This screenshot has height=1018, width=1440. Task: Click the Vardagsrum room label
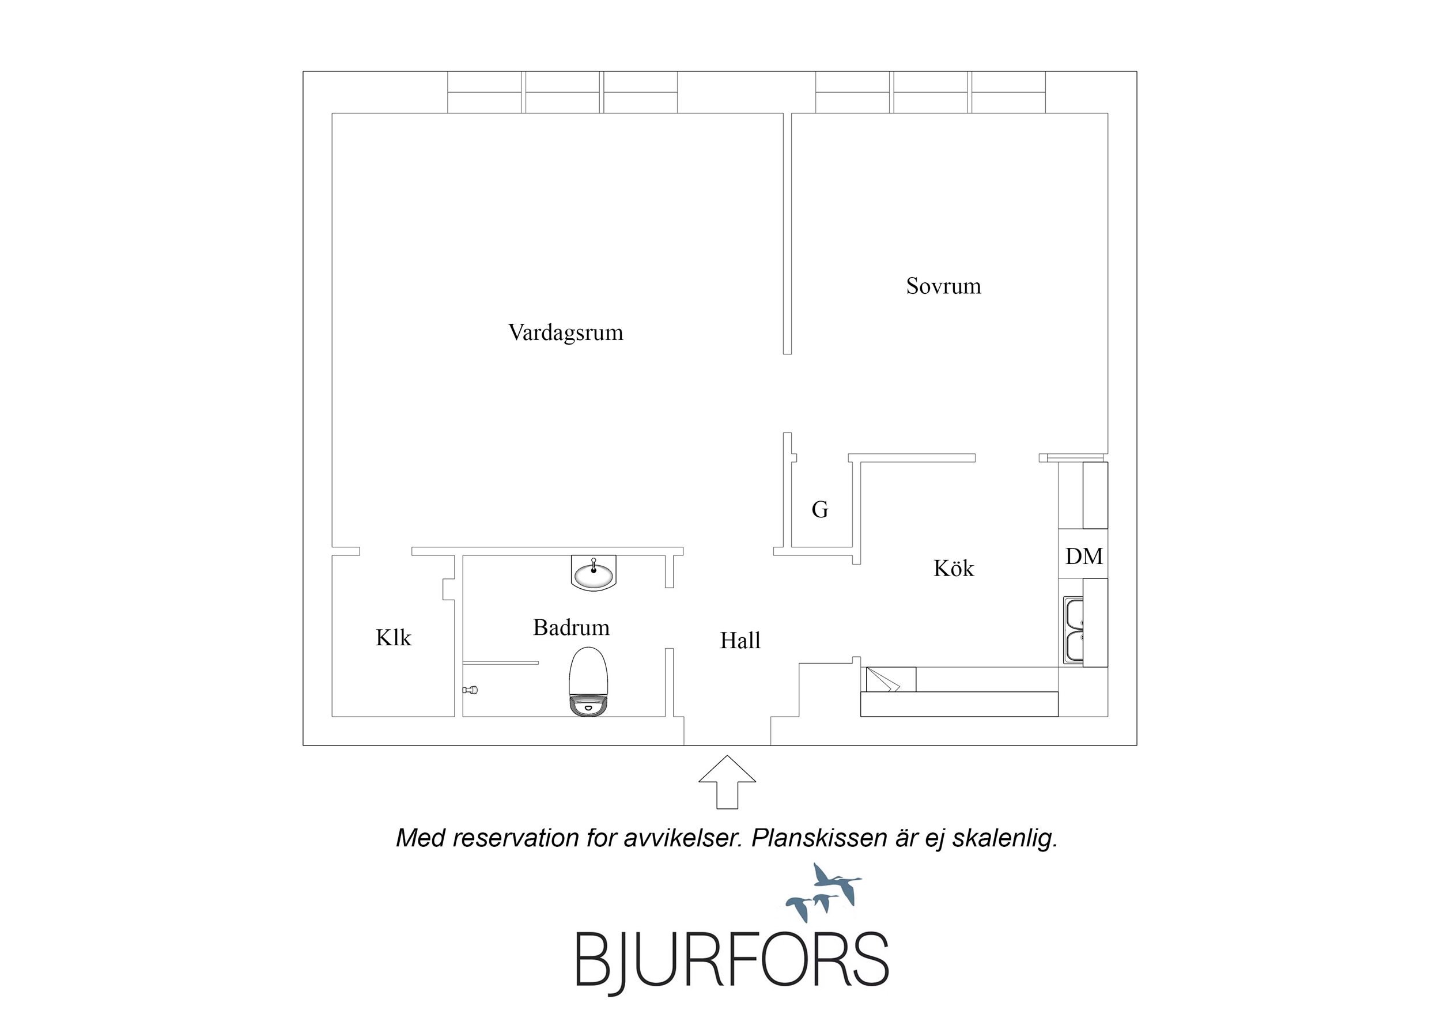pyautogui.click(x=565, y=332)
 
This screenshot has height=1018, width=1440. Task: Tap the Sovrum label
pyautogui.click(x=943, y=286)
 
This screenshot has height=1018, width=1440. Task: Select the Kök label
pyautogui.click(x=953, y=567)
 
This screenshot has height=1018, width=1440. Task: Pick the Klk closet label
pyautogui.click(x=393, y=637)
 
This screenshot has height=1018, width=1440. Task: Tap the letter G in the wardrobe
pyautogui.click(x=820, y=509)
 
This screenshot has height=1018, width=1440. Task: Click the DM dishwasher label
pyautogui.click(x=1084, y=556)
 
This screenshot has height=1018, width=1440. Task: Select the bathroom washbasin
pyautogui.click(x=594, y=572)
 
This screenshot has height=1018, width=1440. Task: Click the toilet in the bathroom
pyautogui.click(x=588, y=681)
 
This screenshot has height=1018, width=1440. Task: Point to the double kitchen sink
pyautogui.click(x=1073, y=629)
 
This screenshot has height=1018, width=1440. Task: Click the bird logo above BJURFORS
pyautogui.click(x=823, y=890)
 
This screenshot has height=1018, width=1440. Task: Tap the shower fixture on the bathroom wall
pyautogui.click(x=470, y=690)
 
